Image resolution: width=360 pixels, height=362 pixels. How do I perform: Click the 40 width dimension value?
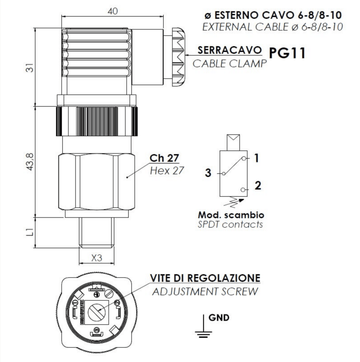[113, 11]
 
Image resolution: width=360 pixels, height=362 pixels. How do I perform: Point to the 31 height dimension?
[31, 68]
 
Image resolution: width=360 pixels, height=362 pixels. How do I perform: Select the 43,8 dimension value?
[31, 162]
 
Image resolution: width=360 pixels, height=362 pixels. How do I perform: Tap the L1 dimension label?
[30, 232]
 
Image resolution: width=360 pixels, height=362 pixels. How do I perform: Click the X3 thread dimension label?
[96, 258]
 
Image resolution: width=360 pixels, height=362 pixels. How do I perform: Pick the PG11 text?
[287, 53]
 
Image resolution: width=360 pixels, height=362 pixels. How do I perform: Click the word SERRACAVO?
[230, 50]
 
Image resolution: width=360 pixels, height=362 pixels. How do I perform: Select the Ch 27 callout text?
[164, 157]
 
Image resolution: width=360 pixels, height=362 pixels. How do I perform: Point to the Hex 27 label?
[167, 171]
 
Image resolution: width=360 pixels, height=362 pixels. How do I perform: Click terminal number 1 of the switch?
[256, 158]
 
